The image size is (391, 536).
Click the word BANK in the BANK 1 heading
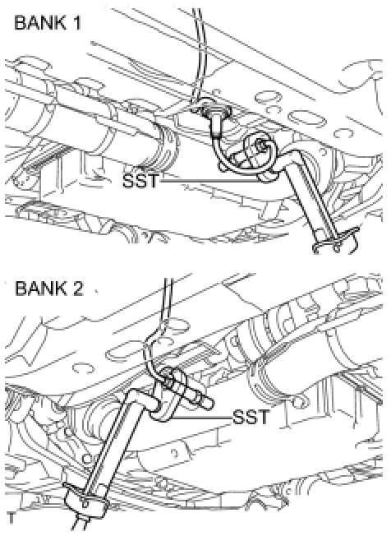pos(39,23)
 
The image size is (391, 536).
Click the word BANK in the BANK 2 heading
pos(40,289)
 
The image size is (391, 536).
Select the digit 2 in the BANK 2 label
pos(77,289)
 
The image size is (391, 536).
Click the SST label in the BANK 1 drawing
pos(140,180)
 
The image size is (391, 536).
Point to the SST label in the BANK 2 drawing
pos(251,417)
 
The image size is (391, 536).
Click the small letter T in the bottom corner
pos(11,518)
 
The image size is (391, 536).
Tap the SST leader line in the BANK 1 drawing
pos(211,179)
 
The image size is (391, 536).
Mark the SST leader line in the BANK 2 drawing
pos(200,418)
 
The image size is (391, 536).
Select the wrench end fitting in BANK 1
pos(335,242)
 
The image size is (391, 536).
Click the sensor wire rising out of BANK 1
pos(199,51)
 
